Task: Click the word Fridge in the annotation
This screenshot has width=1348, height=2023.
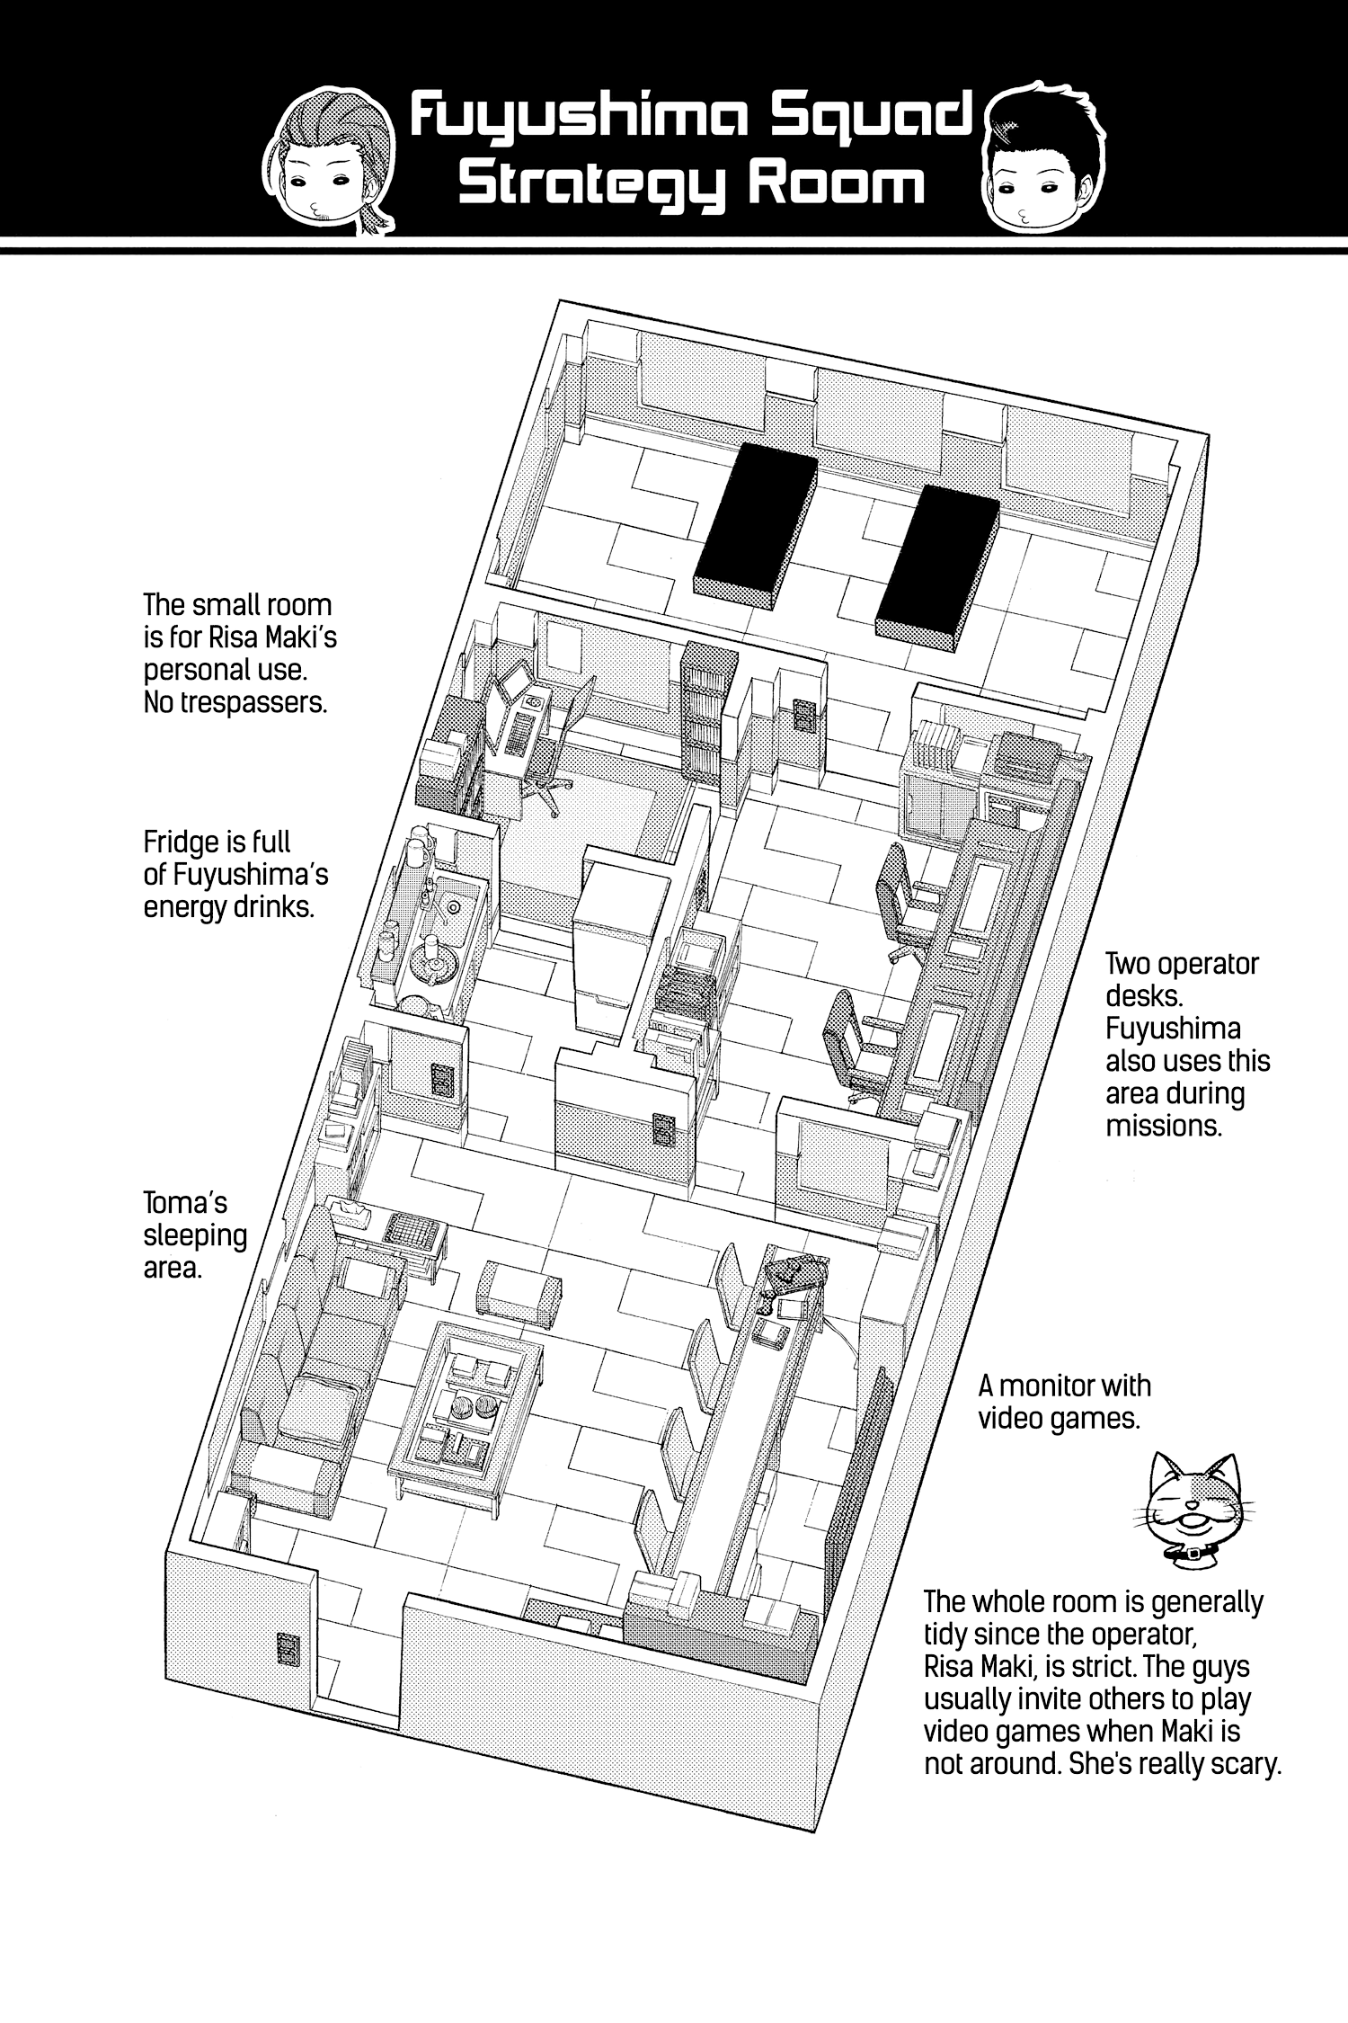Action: click(x=186, y=842)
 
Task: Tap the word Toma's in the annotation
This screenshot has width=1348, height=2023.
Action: click(x=185, y=1203)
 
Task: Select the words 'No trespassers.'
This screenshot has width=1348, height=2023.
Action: click(x=235, y=702)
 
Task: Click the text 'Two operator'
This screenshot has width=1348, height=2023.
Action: click(x=1182, y=965)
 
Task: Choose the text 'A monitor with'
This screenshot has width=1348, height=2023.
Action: click(x=1064, y=1386)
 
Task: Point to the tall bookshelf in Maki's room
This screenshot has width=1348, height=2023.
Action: click(x=709, y=710)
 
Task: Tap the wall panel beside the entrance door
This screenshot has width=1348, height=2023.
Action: click(x=288, y=1650)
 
